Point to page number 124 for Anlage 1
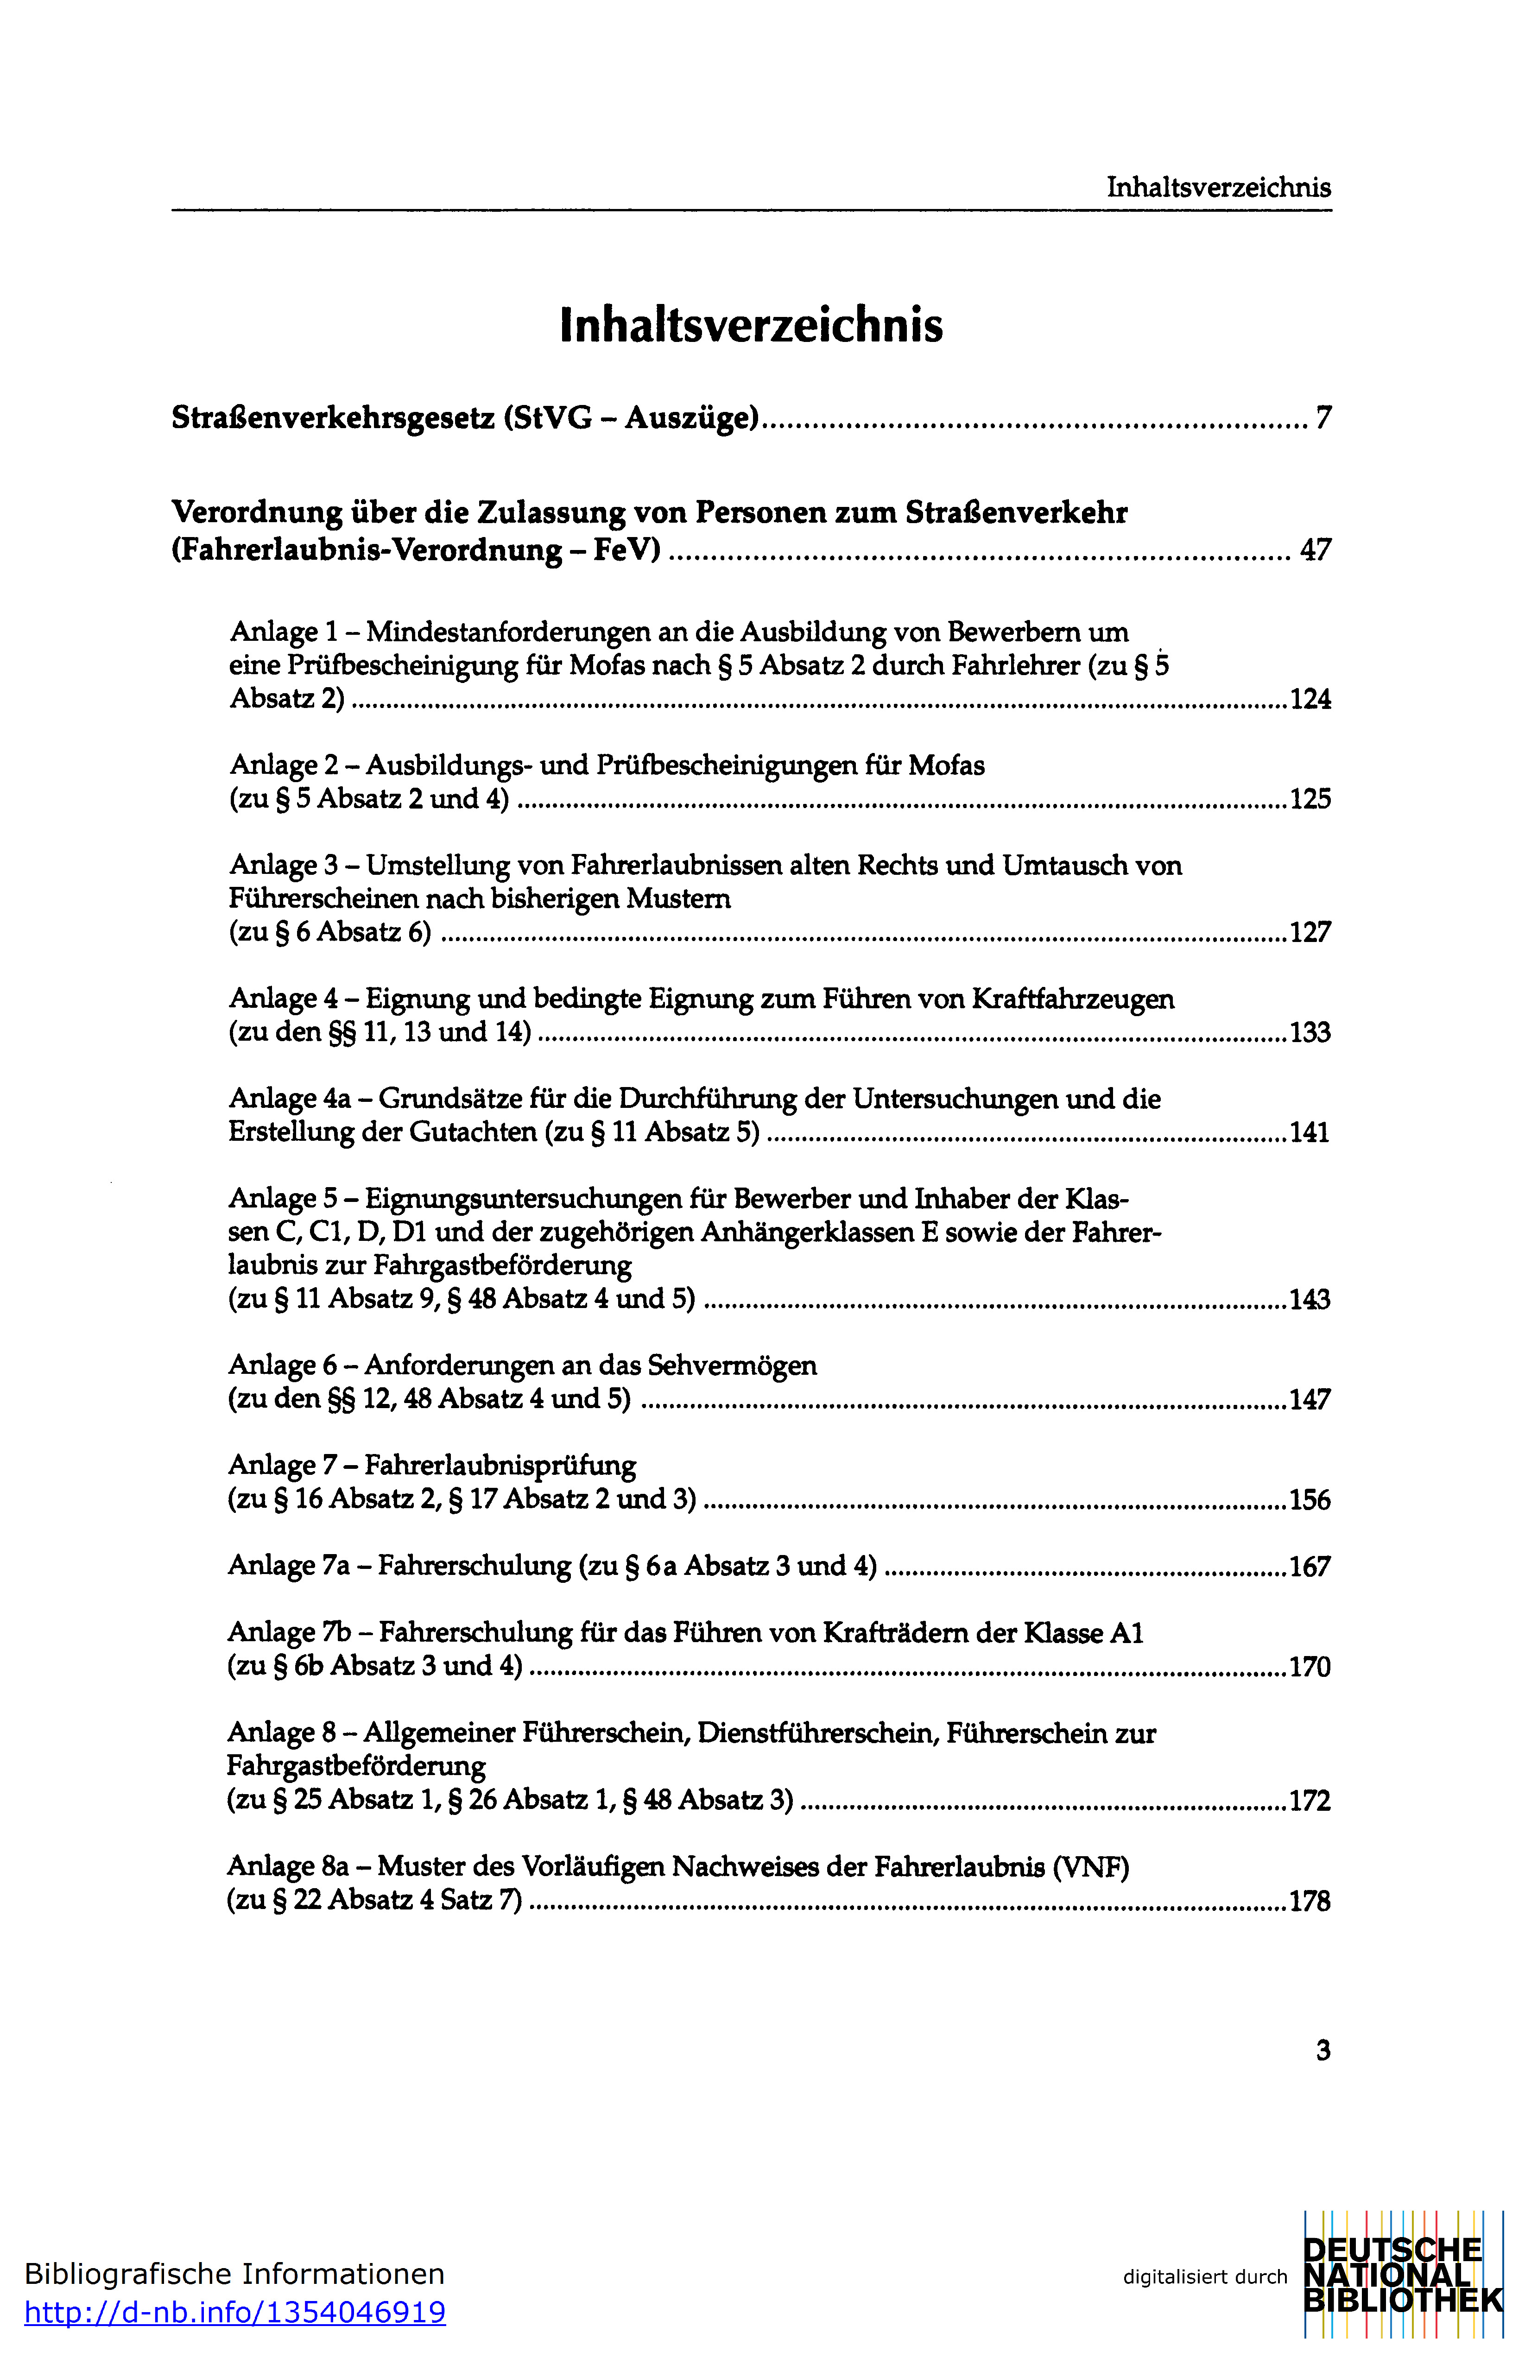click(x=1310, y=700)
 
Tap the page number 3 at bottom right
click(x=1323, y=2050)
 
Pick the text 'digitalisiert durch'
click(x=1204, y=2277)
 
